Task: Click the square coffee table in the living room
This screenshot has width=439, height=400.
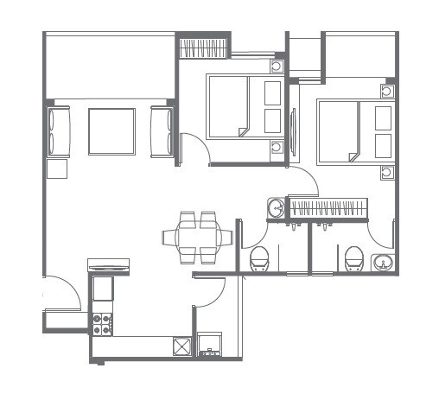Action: pyautogui.click(x=111, y=131)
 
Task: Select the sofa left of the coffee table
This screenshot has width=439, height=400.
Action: pyautogui.click(x=58, y=131)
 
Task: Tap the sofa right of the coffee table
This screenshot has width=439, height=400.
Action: pyautogui.click(x=162, y=131)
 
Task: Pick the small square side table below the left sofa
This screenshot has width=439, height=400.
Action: pyautogui.click(x=57, y=168)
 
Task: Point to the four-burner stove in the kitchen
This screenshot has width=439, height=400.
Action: pyautogui.click(x=102, y=323)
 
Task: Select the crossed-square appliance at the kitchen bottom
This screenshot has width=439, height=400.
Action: pyautogui.click(x=181, y=346)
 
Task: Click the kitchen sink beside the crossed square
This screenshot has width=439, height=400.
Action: pyautogui.click(x=210, y=346)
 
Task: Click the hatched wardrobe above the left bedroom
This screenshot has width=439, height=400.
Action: pyautogui.click(x=204, y=48)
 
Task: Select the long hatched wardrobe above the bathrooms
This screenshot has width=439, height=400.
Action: pyautogui.click(x=328, y=208)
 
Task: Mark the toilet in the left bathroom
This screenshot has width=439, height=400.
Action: pyautogui.click(x=259, y=257)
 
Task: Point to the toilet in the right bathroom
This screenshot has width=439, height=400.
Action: pyautogui.click(x=353, y=257)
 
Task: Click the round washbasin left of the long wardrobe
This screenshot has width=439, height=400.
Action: pyautogui.click(x=277, y=207)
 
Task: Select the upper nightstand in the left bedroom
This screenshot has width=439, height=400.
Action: pyautogui.click(x=277, y=66)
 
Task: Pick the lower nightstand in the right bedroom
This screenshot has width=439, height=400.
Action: pyautogui.click(x=386, y=172)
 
